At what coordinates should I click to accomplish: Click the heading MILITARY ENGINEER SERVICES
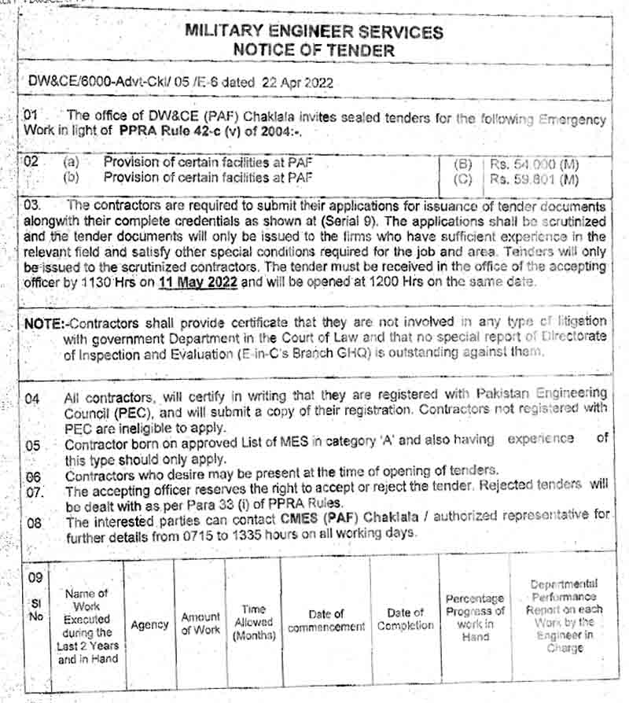click(314, 32)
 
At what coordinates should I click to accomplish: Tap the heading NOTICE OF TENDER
click(314, 50)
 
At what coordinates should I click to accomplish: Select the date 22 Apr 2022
click(293, 82)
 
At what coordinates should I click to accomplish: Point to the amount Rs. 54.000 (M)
click(534, 164)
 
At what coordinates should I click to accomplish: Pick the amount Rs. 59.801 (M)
click(534, 179)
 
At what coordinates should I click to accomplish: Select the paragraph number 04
click(32, 399)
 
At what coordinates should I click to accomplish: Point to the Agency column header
click(149, 625)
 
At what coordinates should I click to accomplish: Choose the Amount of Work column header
click(201, 624)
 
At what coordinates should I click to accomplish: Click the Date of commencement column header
click(326, 620)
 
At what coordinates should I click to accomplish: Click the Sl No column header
click(35, 609)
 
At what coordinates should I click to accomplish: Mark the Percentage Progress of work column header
click(475, 617)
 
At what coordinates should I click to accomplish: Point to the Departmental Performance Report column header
click(563, 616)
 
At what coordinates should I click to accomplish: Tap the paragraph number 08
click(33, 524)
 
